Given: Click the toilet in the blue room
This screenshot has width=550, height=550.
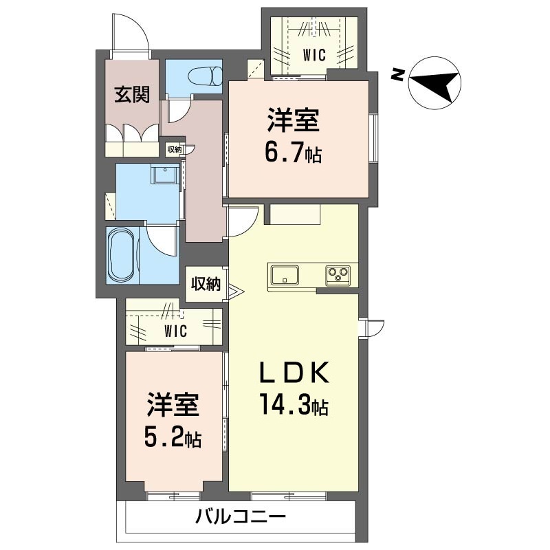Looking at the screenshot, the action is click(206, 76).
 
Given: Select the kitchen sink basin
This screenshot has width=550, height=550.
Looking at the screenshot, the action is click(285, 274).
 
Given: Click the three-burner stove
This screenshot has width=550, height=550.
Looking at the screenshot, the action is click(338, 274).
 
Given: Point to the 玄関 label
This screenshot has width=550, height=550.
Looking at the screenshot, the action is click(132, 95).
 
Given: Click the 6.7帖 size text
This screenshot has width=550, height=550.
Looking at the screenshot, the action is click(294, 153).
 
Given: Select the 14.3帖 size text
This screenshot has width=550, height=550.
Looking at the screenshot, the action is click(294, 404).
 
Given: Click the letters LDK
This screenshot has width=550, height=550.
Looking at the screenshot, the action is click(294, 373).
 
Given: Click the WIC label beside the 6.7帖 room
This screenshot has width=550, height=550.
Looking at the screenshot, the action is click(314, 55).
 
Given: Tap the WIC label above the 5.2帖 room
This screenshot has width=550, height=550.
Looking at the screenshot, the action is click(176, 331).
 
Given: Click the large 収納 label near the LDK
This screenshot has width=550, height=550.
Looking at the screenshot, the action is click(206, 284).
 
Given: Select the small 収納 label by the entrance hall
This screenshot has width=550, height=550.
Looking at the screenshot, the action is click(175, 149).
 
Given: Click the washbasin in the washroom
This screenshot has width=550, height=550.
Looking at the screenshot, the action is click(164, 175).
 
